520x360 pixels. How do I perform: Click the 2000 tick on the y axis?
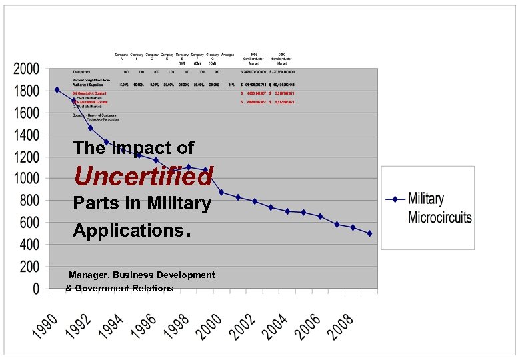coord(26,69)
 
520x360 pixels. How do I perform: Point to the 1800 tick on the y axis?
coord(26,91)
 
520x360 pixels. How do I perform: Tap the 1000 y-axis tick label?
coord(26,179)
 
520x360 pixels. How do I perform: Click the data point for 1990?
coord(57,89)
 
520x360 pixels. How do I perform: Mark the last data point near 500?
coord(370,233)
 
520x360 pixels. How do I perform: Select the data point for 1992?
coord(90,128)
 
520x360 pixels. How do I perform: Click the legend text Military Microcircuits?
coord(439,208)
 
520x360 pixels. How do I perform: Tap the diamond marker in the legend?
coord(395,199)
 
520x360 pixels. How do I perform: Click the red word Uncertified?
coord(143,176)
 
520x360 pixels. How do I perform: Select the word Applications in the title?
coord(127,231)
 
